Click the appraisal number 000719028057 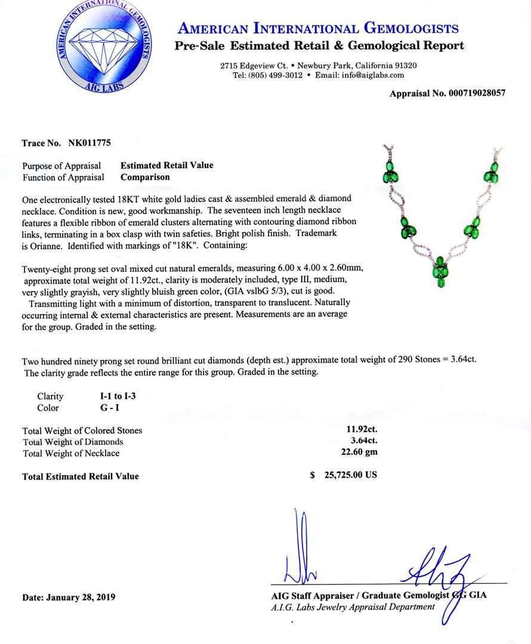click(467, 94)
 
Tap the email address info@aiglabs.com click(368, 75)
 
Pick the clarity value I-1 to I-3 click(121, 396)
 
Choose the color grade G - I click(110, 408)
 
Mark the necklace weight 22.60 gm click(356, 452)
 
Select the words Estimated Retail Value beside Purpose click(166, 166)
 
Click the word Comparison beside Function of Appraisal click(145, 177)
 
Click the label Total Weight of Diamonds click(73, 442)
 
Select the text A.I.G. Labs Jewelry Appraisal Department click(353, 607)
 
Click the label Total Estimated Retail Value click(81, 476)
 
